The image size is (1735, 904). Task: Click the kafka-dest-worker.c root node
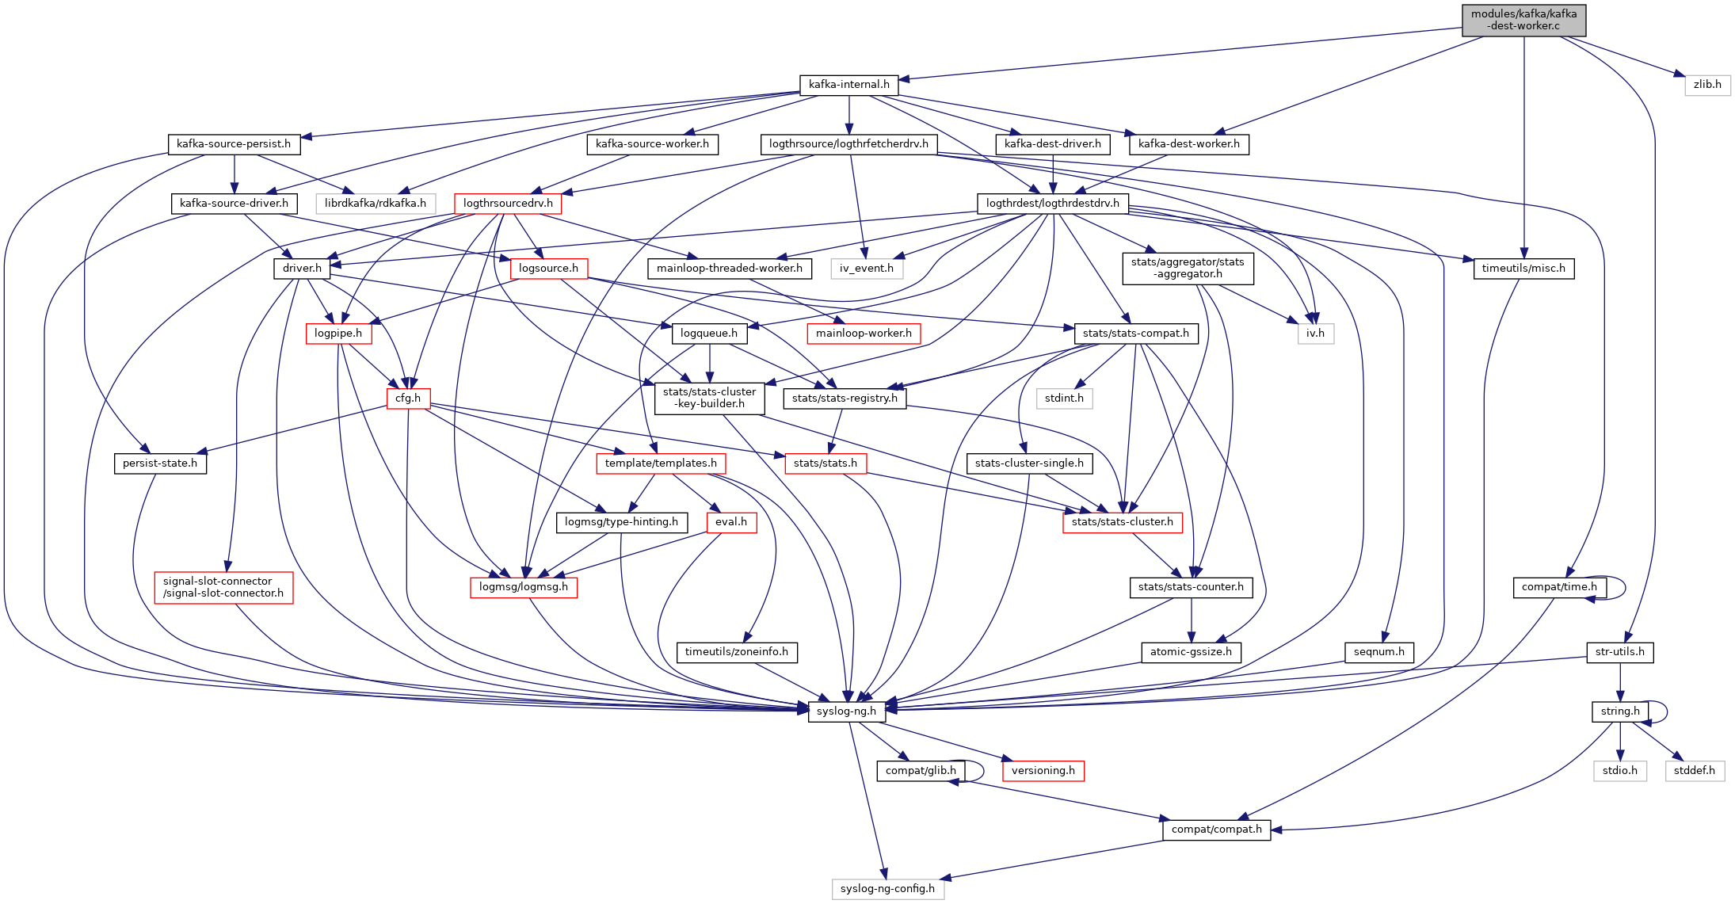1523,20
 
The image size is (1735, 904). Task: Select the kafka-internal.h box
848,85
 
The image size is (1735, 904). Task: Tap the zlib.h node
1707,85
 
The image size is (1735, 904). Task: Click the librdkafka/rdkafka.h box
375,204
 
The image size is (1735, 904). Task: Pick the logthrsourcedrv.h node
508,204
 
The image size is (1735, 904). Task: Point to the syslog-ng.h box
846,711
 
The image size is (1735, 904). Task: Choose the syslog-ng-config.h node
887,889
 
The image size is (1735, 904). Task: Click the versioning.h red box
1043,771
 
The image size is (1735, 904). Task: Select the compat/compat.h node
1216,830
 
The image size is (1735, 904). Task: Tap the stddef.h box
1694,771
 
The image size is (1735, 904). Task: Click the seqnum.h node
1378,652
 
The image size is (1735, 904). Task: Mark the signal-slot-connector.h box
223,587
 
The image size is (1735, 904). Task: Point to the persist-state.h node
160,463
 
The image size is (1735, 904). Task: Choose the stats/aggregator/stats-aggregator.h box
1187,269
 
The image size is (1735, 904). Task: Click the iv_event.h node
866,269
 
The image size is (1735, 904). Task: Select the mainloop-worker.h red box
864,334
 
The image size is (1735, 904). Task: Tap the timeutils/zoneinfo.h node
736,652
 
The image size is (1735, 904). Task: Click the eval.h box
730,522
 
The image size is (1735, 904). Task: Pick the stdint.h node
1064,399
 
